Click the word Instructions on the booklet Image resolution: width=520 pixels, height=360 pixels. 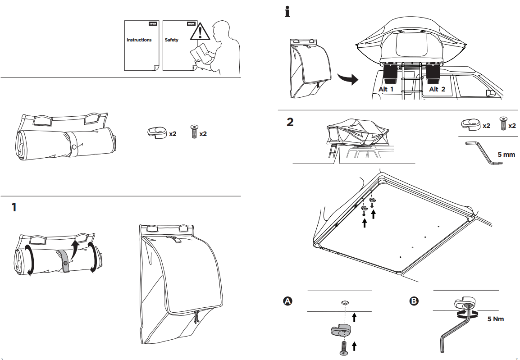pyautogui.click(x=139, y=40)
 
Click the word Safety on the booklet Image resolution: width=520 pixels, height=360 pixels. pyautogui.click(x=171, y=40)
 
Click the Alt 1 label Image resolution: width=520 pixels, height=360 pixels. pyautogui.click(x=386, y=89)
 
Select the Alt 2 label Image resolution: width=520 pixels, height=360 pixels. pyautogui.click(x=437, y=89)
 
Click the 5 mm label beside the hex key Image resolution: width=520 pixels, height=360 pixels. pyautogui.click(x=506, y=155)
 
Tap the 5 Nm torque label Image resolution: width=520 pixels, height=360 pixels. pyautogui.click(x=496, y=319)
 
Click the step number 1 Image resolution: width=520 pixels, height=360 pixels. pyautogui.click(x=14, y=208)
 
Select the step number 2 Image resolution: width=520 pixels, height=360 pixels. pyautogui.click(x=290, y=122)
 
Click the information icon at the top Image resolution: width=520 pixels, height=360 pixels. pyautogui.click(x=287, y=11)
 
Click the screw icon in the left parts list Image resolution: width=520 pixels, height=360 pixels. pyautogui.click(x=194, y=131)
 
